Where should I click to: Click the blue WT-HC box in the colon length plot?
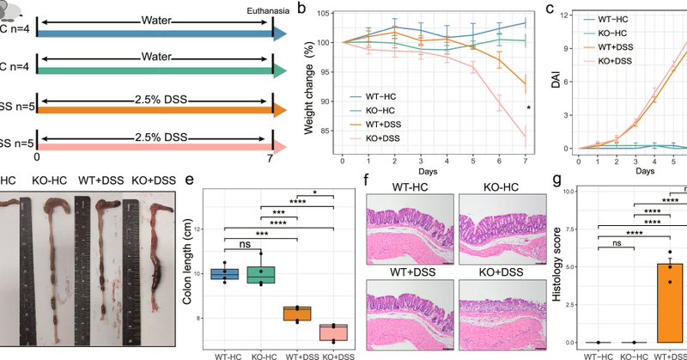[224, 274]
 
